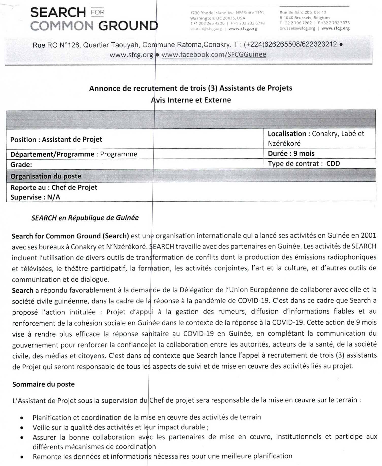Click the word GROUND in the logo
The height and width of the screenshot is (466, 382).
128,26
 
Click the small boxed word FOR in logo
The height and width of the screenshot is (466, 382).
97,12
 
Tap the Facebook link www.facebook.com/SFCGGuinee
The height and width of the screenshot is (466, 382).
214,54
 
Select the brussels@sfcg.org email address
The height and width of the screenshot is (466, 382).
297,28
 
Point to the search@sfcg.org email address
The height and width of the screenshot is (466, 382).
206,29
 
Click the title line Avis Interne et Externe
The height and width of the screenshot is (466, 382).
191,100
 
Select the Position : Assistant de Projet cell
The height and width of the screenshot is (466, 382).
56,139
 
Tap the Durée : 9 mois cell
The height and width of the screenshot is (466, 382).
291,154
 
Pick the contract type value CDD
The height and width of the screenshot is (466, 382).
333,163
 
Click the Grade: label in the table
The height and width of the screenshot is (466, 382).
21,165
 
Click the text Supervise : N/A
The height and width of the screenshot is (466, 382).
35,197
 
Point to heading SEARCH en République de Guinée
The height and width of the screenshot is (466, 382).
85,218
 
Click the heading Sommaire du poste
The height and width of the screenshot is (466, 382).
43,384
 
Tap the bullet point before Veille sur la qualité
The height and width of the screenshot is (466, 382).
22,428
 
